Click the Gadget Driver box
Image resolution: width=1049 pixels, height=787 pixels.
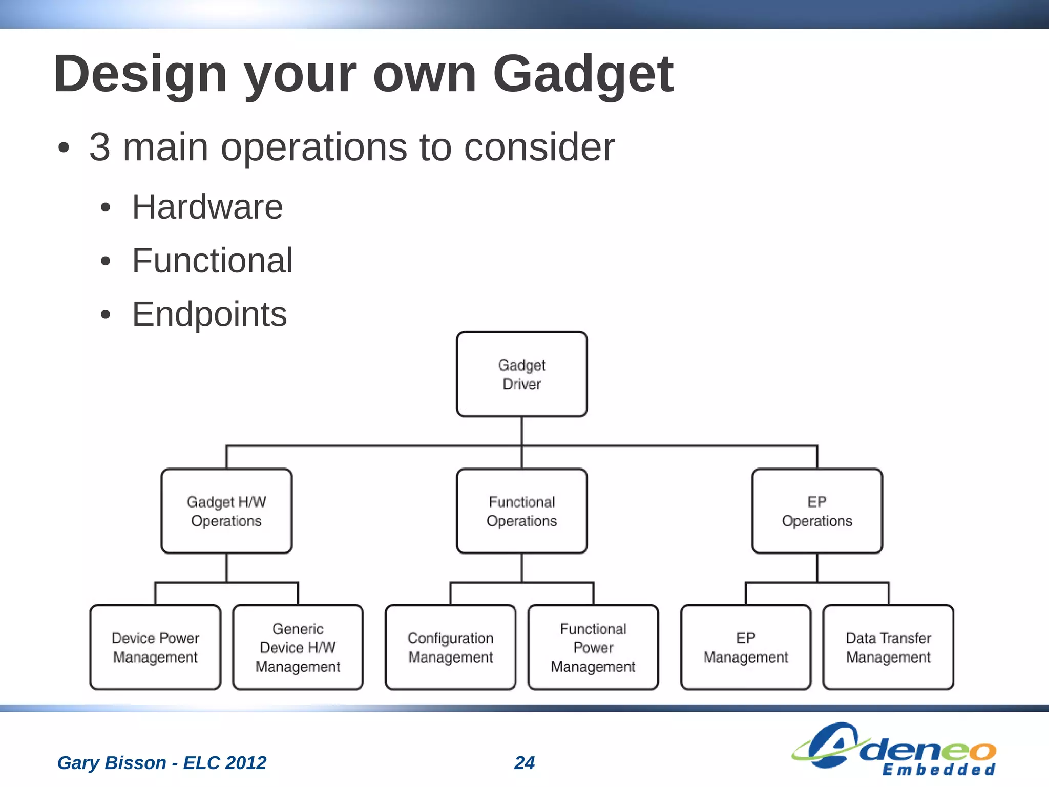(x=521, y=374)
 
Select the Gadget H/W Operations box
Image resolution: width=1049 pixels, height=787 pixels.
(x=226, y=511)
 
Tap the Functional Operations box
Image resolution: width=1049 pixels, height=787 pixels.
(x=521, y=511)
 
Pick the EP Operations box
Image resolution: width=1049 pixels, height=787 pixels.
(x=816, y=511)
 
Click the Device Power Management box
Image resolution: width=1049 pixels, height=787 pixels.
(x=155, y=647)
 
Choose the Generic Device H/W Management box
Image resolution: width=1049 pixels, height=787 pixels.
(x=298, y=647)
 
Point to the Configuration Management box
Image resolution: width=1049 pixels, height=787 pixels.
(x=450, y=647)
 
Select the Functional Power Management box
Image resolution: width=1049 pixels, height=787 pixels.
(x=593, y=647)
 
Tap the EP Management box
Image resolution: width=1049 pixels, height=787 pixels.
(x=745, y=647)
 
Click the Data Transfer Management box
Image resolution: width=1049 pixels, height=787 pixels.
(x=888, y=647)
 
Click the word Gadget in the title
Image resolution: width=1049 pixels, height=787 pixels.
(x=582, y=75)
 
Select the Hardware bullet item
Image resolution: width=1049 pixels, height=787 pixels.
(x=207, y=207)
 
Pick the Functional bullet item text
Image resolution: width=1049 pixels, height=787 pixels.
(x=212, y=261)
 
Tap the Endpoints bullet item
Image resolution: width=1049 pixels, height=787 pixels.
(x=209, y=314)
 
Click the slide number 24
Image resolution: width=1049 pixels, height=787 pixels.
(x=524, y=762)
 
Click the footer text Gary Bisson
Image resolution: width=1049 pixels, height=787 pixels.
(x=111, y=762)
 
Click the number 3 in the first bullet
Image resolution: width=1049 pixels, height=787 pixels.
(x=100, y=147)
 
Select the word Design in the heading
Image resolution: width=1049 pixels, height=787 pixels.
(x=140, y=75)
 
